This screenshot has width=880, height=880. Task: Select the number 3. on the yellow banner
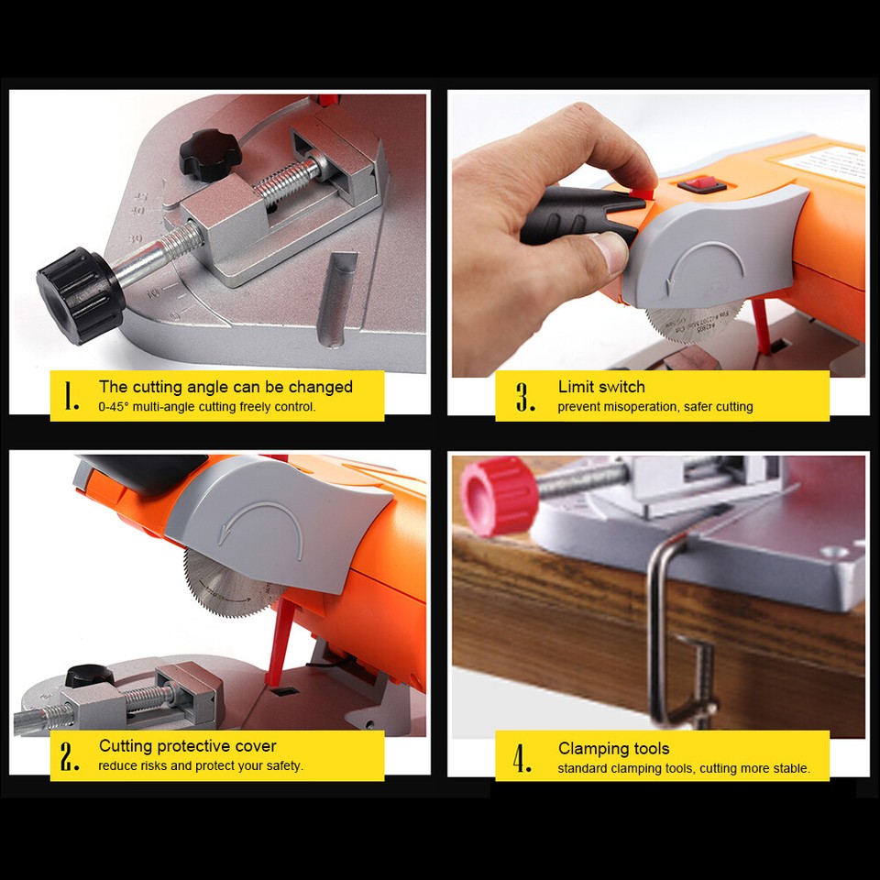tap(525, 397)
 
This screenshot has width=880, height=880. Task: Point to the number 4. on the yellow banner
tap(522, 758)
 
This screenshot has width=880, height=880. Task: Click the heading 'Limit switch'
tap(601, 387)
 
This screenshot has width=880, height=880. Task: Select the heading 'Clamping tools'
tap(613, 749)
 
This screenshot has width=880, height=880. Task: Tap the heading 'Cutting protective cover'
tap(187, 746)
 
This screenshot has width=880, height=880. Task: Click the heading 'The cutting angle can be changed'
tap(225, 387)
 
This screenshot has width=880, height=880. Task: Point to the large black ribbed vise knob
tap(81, 294)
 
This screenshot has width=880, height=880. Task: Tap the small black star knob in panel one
tap(208, 153)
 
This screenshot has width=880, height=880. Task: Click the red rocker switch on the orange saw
tap(702, 185)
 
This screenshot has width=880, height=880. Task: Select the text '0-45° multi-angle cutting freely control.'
tap(207, 406)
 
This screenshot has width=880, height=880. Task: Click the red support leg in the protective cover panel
tap(280, 642)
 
